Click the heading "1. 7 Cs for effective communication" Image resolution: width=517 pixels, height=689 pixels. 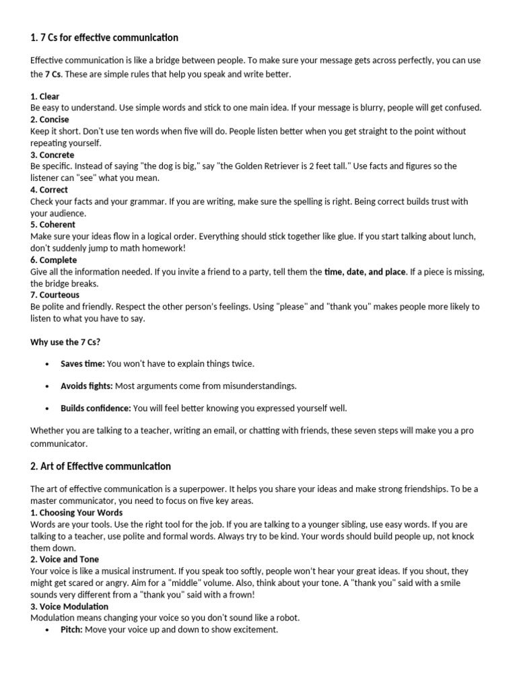pyautogui.click(x=104, y=37)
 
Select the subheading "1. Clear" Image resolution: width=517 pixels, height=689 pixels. pyautogui.click(x=45, y=97)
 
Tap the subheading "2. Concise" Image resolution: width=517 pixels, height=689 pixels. pyautogui.click(x=50, y=120)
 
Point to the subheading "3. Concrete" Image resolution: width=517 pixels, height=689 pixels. pyautogui.click(x=53, y=155)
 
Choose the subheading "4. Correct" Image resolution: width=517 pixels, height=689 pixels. pyautogui.click(x=49, y=190)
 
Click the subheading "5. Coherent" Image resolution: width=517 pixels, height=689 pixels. pyautogui.click(x=53, y=225)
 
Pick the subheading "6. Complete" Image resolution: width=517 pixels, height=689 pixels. pyautogui.click(x=53, y=260)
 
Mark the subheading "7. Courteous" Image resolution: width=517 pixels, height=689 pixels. pyautogui.click(x=55, y=295)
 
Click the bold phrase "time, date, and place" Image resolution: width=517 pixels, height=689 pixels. pyautogui.click(x=365, y=272)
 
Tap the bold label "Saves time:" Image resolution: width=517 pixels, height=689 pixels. pyautogui.click(x=82, y=364)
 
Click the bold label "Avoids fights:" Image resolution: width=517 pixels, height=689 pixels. pyautogui.click(x=87, y=386)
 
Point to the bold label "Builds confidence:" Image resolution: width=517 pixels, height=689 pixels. pyautogui.click(x=96, y=408)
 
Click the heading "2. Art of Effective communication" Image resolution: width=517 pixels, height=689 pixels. pyautogui.click(x=100, y=466)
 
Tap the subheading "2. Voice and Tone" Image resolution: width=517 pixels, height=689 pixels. pyautogui.click(x=65, y=559)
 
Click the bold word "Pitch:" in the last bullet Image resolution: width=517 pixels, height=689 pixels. pyautogui.click(x=72, y=630)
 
